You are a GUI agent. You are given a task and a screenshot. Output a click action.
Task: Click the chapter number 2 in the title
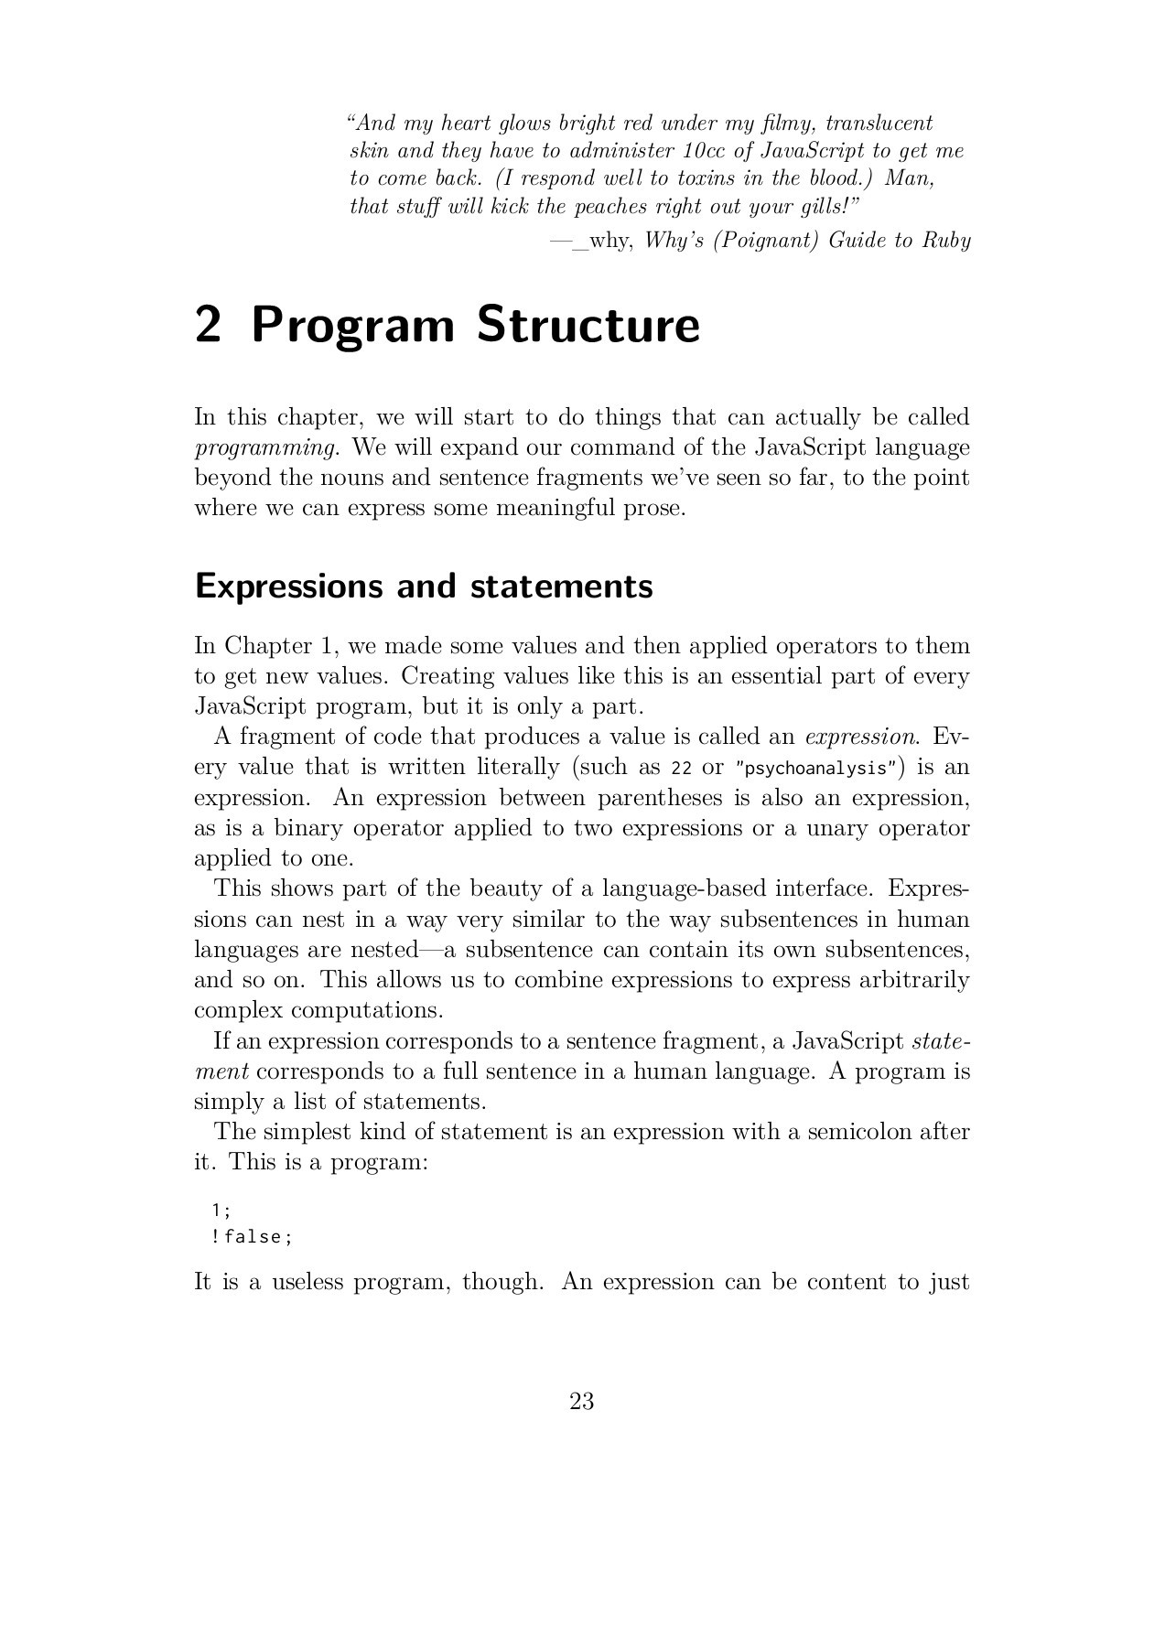209,327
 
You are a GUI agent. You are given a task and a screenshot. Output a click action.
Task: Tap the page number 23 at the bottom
582,1401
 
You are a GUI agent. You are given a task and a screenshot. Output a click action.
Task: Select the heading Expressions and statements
424,587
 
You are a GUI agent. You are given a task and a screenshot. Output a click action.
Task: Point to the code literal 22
681,769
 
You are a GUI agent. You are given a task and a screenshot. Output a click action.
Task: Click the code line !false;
252,1237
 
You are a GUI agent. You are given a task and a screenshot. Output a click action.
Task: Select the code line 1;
221,1210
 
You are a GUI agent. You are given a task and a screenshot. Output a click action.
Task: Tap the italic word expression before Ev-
861,737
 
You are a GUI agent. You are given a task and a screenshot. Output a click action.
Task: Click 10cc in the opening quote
701,151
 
